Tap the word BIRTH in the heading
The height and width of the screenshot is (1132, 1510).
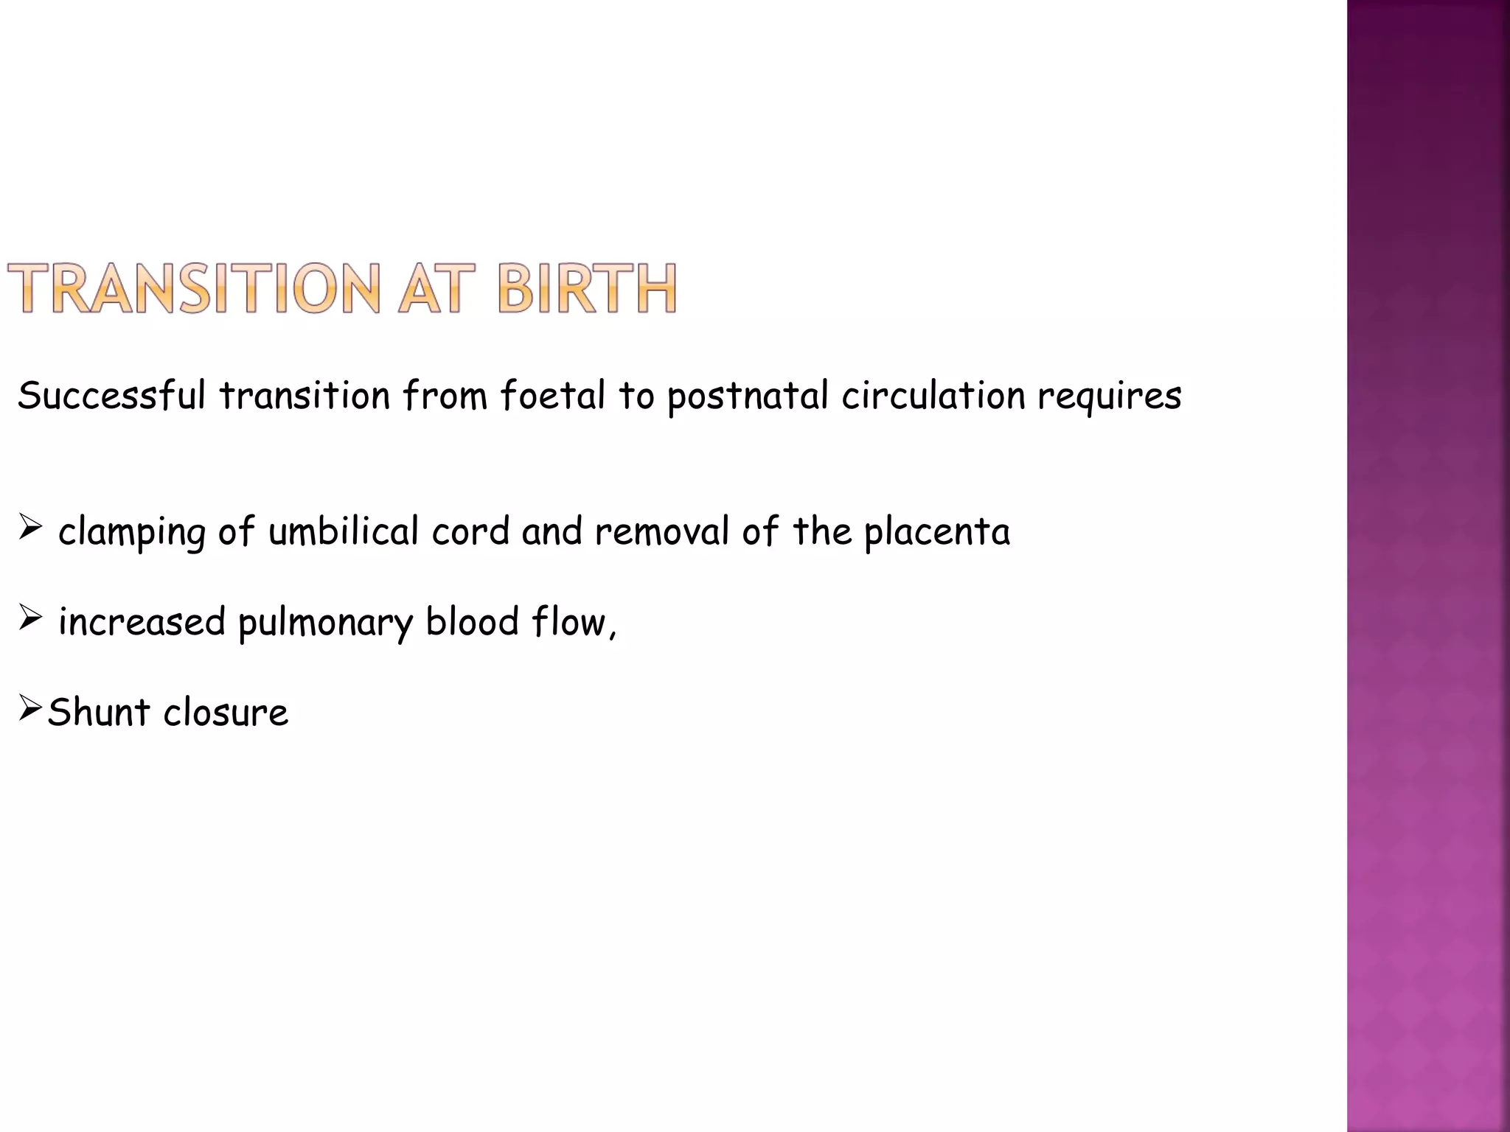tap(587, 289)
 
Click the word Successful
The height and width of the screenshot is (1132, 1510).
tap(111, 395)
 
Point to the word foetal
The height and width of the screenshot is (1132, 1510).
tap(553, 395)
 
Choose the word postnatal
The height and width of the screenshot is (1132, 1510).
tap(748, 396)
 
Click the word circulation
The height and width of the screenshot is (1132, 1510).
tap(933, 395)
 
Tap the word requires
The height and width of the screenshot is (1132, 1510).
tap(1110, 396)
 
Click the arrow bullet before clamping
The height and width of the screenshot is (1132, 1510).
tap(30, 528)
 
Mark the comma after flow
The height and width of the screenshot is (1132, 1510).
tap(612, 634)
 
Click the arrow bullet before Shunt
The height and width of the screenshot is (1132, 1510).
tap(30, 708)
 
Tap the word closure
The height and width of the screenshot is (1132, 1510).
tap(226, 712)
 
